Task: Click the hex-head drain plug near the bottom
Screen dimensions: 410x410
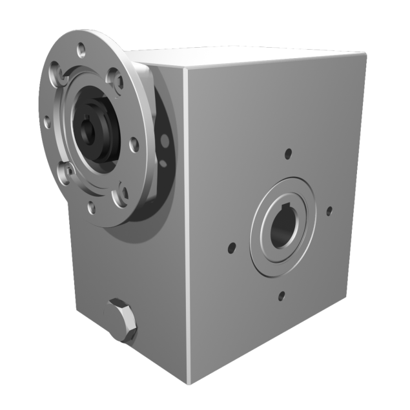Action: coord(120,321)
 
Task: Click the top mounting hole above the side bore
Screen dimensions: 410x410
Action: coord(288,154)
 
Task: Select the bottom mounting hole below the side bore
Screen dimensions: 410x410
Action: coord(281,296)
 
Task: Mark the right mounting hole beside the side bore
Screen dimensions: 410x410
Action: coord(329,210)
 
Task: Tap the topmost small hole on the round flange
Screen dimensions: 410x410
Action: coord(81,49)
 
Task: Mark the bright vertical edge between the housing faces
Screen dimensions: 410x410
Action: coord(187,226)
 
